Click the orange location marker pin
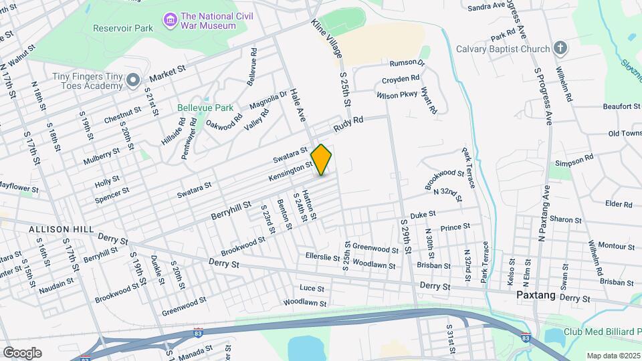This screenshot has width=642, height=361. point(322,159)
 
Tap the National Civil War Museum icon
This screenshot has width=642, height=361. point(170,20)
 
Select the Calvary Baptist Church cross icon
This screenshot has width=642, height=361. point(560,48)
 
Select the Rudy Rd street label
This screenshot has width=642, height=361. point(348,124)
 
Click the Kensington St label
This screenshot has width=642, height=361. point(291,170)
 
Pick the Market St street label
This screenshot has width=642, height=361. point(167,78)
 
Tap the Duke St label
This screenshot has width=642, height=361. point(423,214)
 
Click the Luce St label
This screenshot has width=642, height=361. point(312,289)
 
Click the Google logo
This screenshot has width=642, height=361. point(22,352)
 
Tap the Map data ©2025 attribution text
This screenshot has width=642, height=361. point(613,355)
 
